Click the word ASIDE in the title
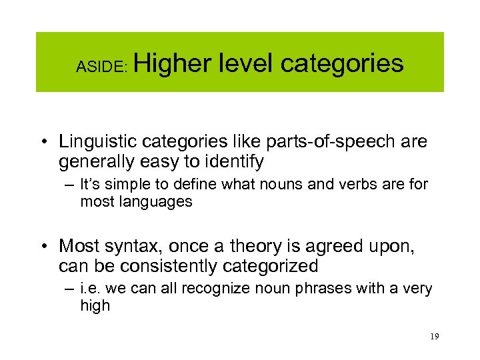coord(97,66)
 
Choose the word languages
coord(161,201)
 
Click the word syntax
coord(136,247)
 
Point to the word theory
coord(259,247)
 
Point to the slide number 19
coord(434,337)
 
